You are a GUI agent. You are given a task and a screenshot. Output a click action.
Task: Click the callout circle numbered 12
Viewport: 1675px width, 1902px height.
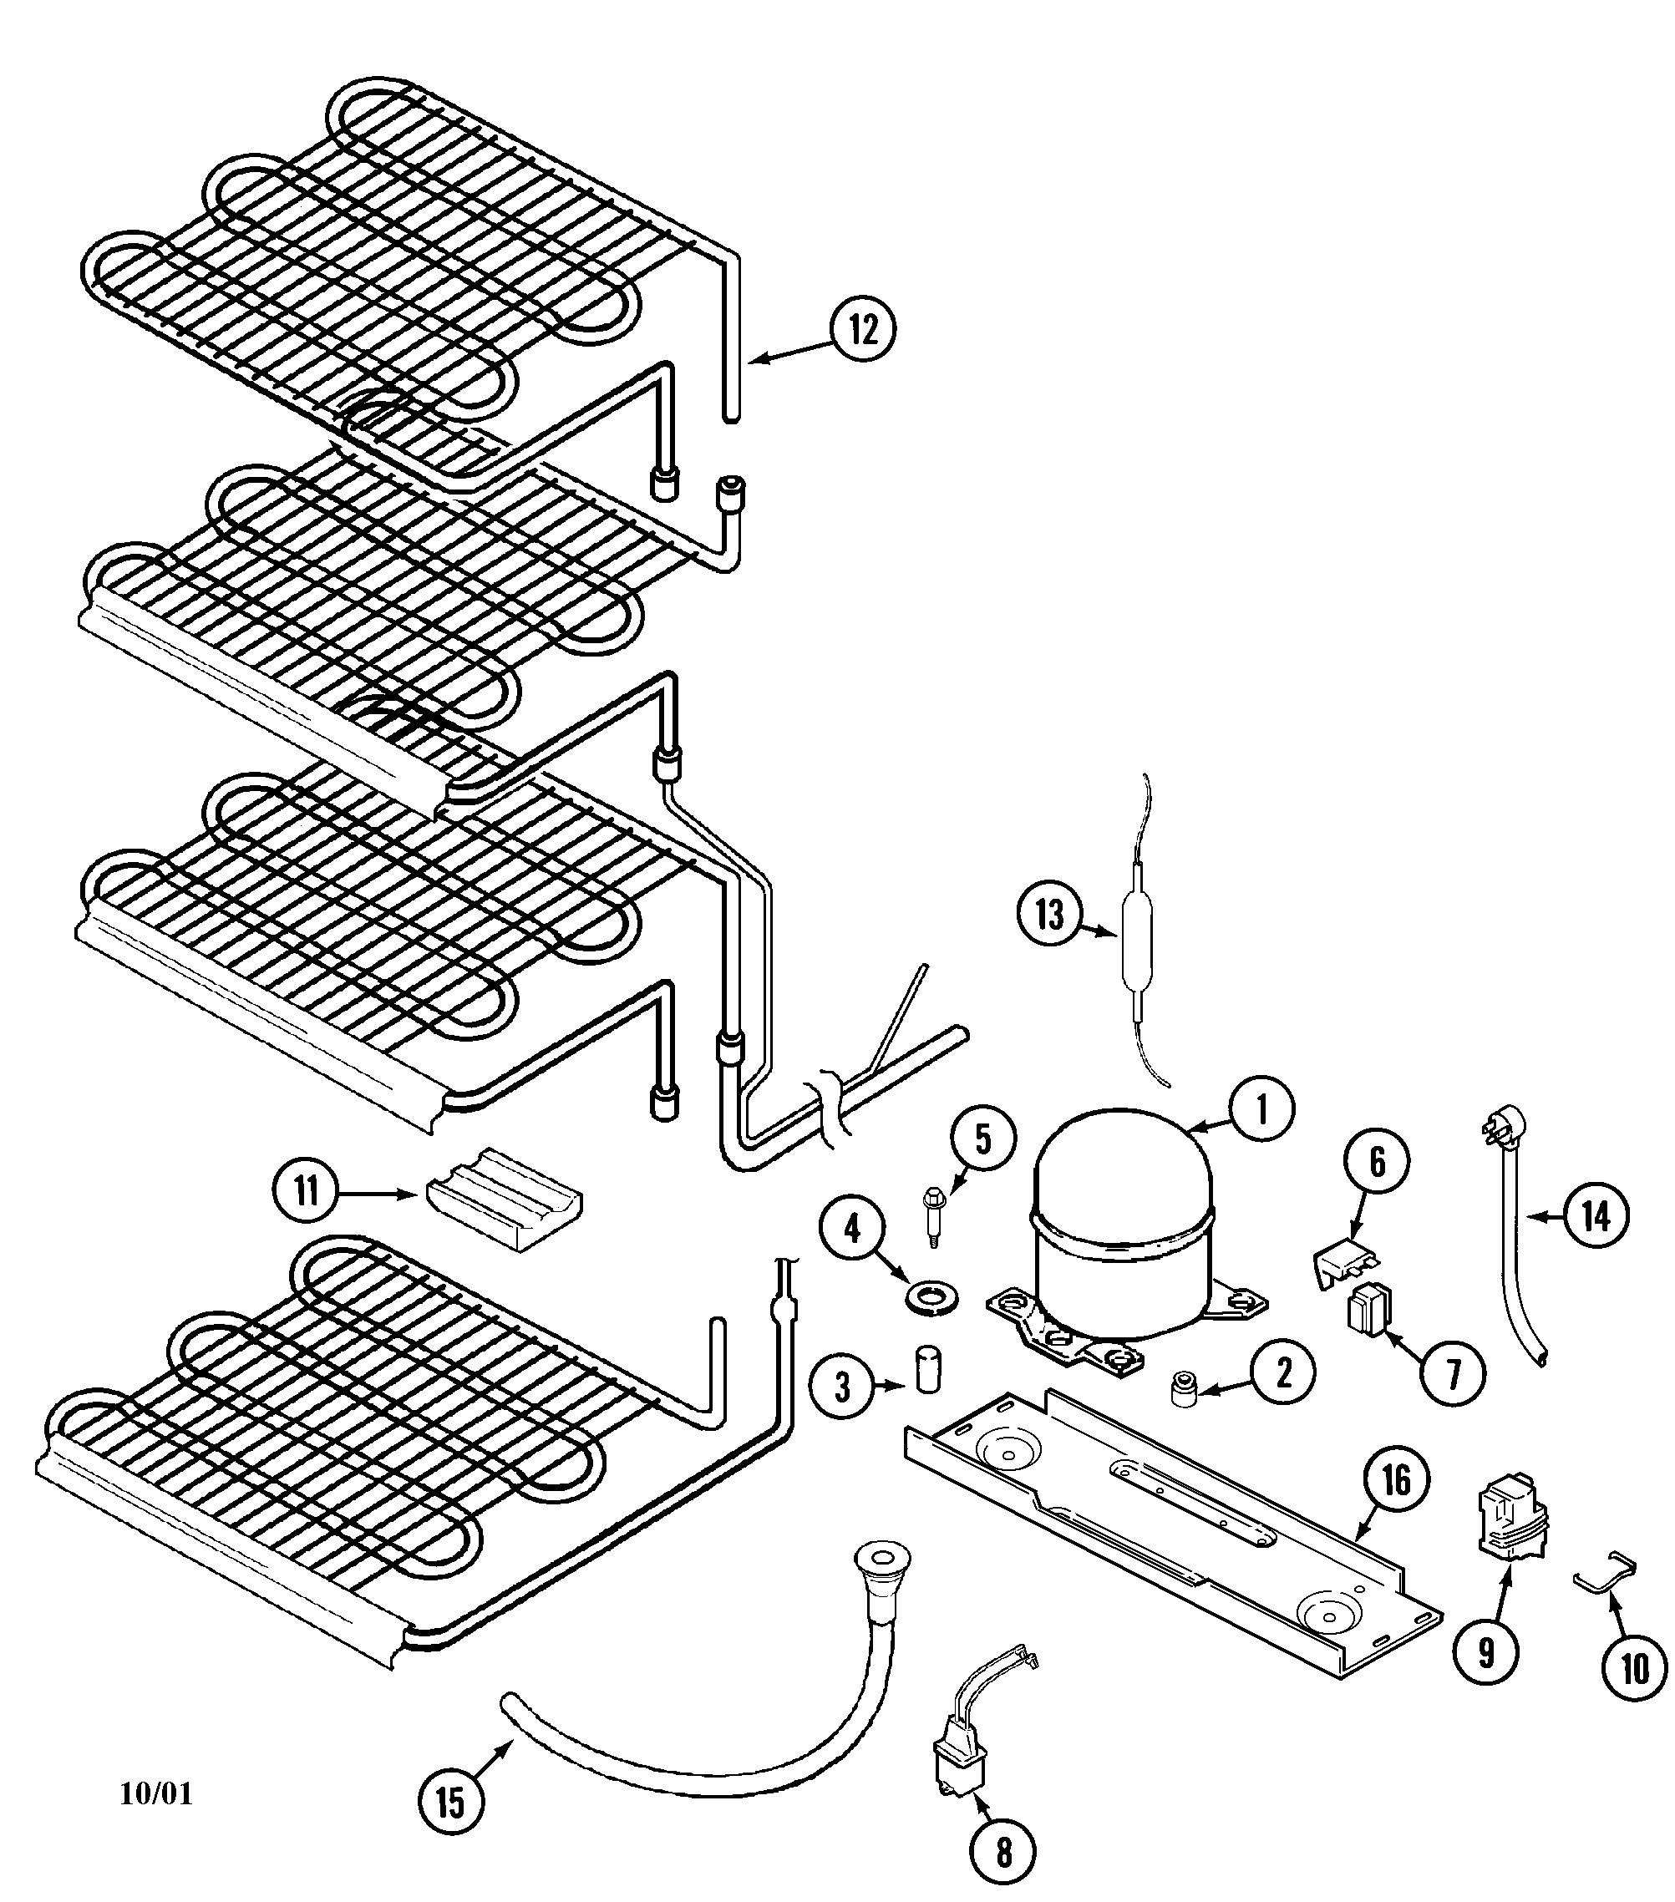863,329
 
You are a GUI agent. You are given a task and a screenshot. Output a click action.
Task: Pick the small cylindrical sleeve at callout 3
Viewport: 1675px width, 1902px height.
926,1367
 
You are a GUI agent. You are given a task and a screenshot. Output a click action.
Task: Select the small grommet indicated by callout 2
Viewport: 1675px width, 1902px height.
1183,1389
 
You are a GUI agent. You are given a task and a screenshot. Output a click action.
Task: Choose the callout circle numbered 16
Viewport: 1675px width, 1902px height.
1396,1479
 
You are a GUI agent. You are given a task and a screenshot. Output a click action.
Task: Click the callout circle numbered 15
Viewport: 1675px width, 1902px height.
450,1802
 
